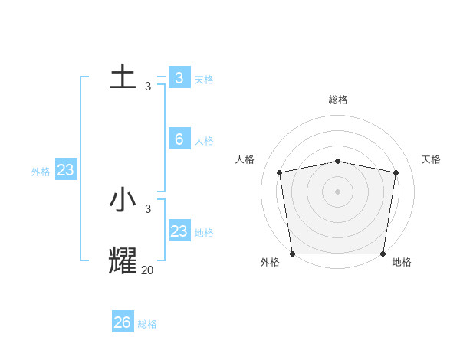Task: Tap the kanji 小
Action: (123, 201)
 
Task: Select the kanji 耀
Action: (123, 260)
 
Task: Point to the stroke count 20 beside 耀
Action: (147, 270)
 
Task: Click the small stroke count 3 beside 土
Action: (148, 87)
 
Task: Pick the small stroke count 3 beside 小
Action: (148, 208)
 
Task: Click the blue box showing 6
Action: (179, 139)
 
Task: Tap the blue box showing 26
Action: (123, 322)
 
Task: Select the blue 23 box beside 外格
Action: (65, 170)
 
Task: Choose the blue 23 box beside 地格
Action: (179, 231)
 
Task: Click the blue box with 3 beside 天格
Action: (179, 77)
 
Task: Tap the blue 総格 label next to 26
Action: (147, 324)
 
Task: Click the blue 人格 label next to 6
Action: (204, 141)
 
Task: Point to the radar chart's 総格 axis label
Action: (338, 100)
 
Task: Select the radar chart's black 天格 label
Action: (431, 159)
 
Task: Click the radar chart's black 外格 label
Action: (270, 262)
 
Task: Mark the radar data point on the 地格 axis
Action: (383, 254)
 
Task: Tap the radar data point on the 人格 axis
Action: (280, 172)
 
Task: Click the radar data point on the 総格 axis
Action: (338, 161)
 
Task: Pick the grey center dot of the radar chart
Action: (338, 191)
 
